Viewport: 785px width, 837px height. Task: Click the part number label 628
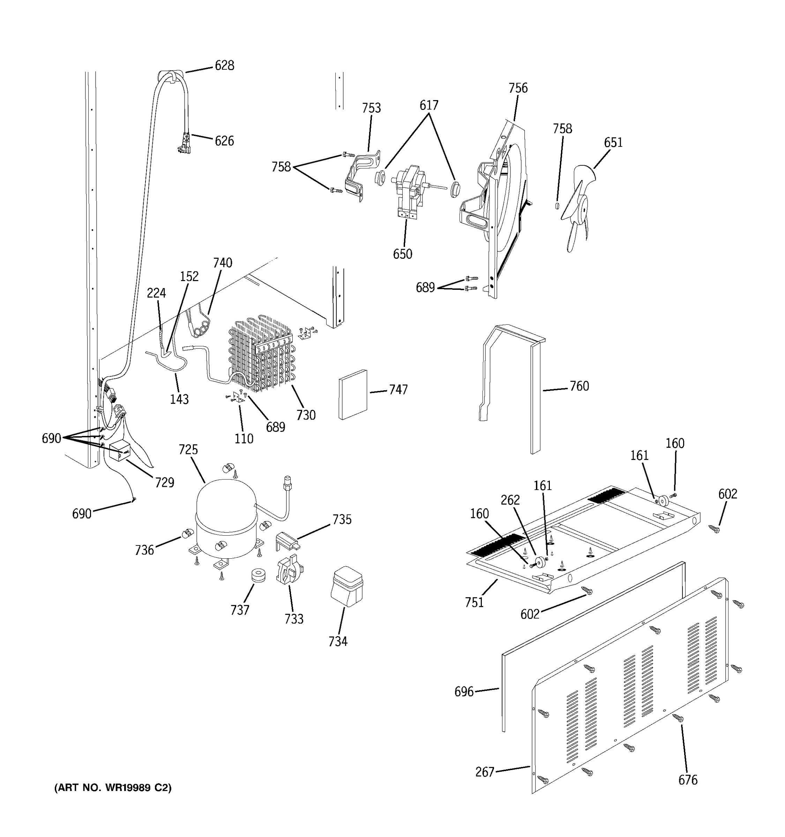click(x=224, y=66)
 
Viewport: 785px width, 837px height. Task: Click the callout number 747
click(x=398, y=390)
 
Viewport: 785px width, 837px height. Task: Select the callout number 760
click(x=579, y=386)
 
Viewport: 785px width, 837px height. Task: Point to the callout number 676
click(x=688, y=780)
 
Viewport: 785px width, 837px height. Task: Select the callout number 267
click(x=484, y=772)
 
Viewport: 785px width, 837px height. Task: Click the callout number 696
click(x=464, y=692)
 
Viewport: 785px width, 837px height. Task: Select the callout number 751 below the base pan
click(x=474, y=603)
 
